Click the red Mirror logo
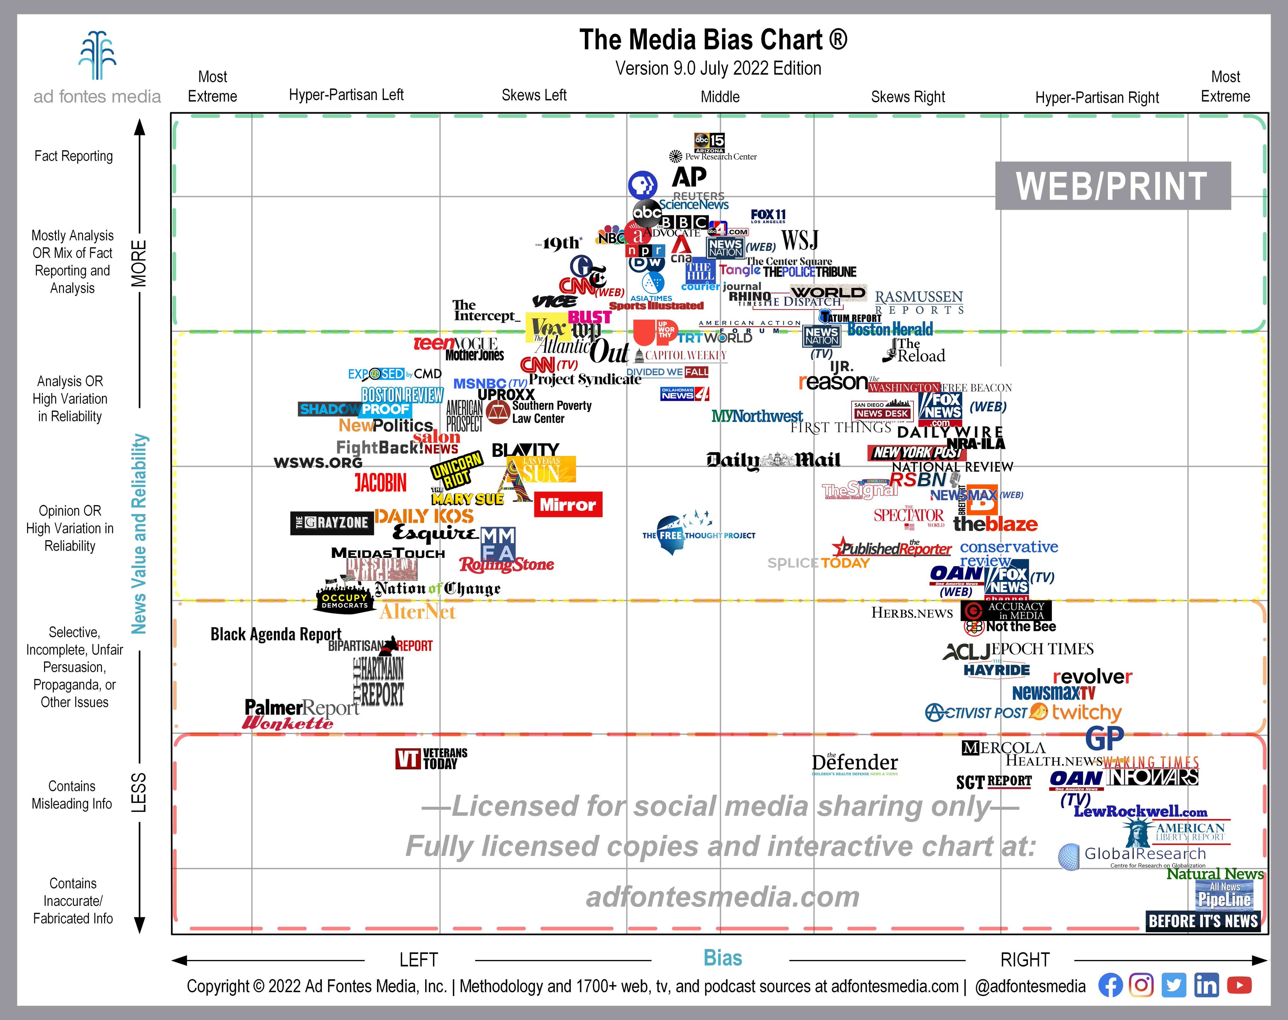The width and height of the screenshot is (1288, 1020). coord(568,504)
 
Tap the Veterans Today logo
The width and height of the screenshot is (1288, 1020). coord(431,758)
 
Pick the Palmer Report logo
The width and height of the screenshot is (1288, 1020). coord(302,708)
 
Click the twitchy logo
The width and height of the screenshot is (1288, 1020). coord(1086,713)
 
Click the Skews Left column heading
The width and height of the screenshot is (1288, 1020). coord(534,95)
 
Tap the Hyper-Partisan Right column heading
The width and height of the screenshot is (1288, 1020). coord(1097,97)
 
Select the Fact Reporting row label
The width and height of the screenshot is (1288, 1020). coord(74,156)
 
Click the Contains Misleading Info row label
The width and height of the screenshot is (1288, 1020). coord(72,795)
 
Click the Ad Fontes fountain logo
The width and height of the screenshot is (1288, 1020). coord(97,56)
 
